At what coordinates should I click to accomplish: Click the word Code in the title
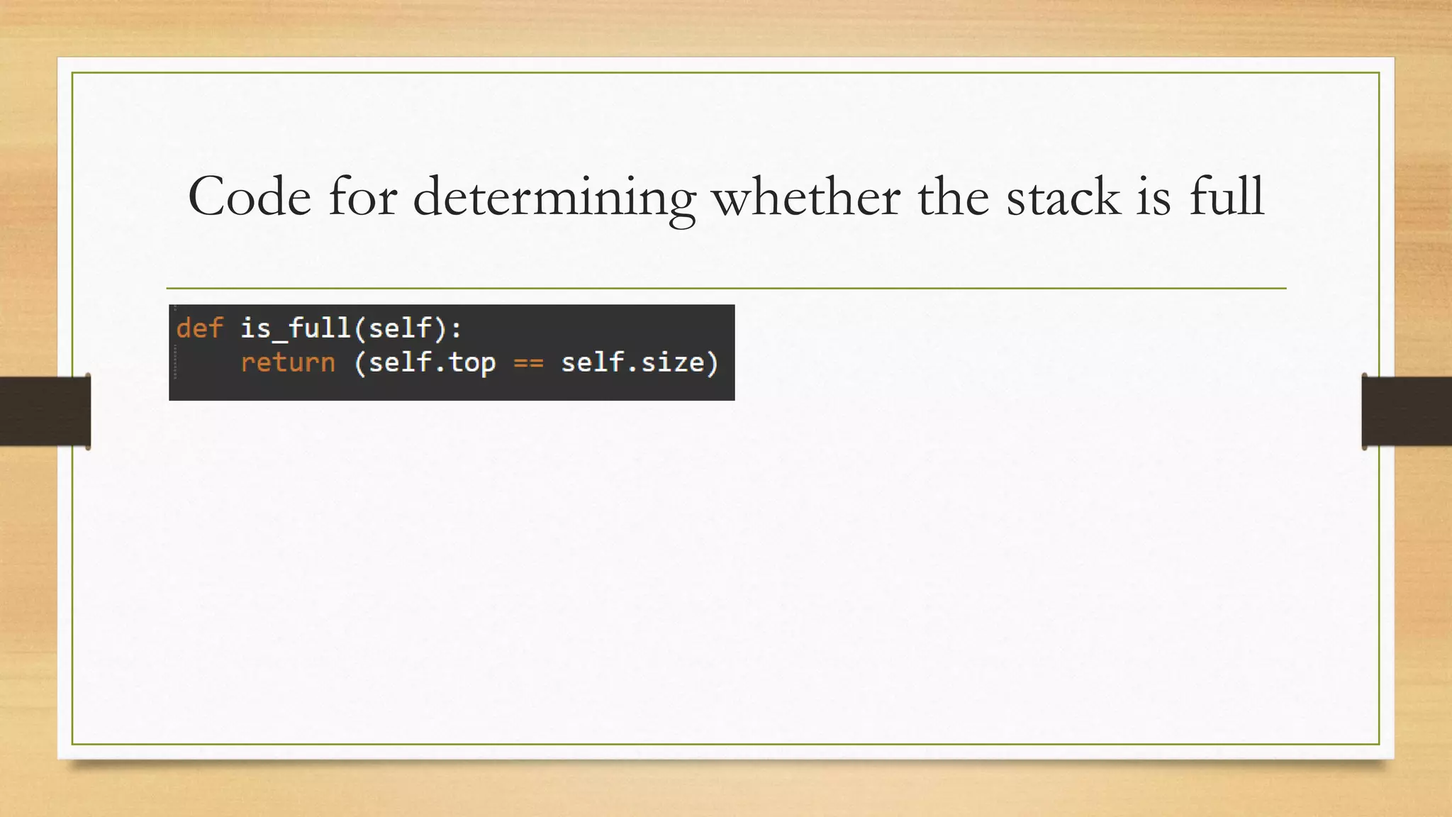249,196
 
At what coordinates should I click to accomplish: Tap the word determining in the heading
554,198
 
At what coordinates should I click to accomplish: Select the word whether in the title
806,196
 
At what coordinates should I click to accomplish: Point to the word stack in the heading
1063,196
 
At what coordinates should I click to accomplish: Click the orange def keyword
199,328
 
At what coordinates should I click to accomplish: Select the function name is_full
295,328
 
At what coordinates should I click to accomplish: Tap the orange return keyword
287,362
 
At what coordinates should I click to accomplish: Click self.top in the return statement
432,362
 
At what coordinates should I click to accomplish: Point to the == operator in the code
528,363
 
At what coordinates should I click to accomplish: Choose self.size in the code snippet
632,362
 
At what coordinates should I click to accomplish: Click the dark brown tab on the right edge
1407,411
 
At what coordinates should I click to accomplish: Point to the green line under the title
726,289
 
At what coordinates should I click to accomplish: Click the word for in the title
362,196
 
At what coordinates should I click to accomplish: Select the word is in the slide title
1153,196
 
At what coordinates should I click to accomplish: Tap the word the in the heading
953,196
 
